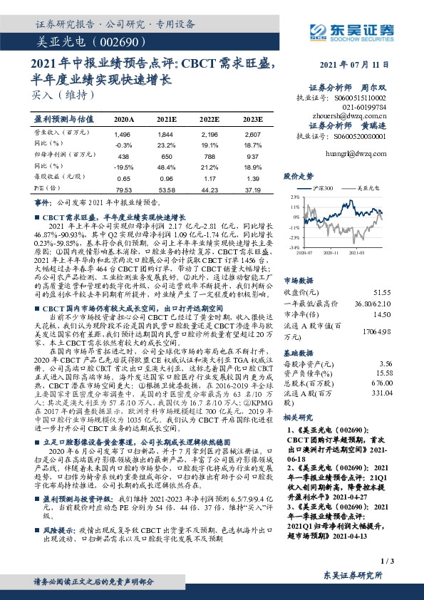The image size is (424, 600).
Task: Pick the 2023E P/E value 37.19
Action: point(252,189)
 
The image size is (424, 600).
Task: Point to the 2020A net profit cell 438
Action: point(123,155)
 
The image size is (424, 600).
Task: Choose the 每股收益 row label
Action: point(56,177)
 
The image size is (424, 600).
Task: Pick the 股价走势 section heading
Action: point(299,174)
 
